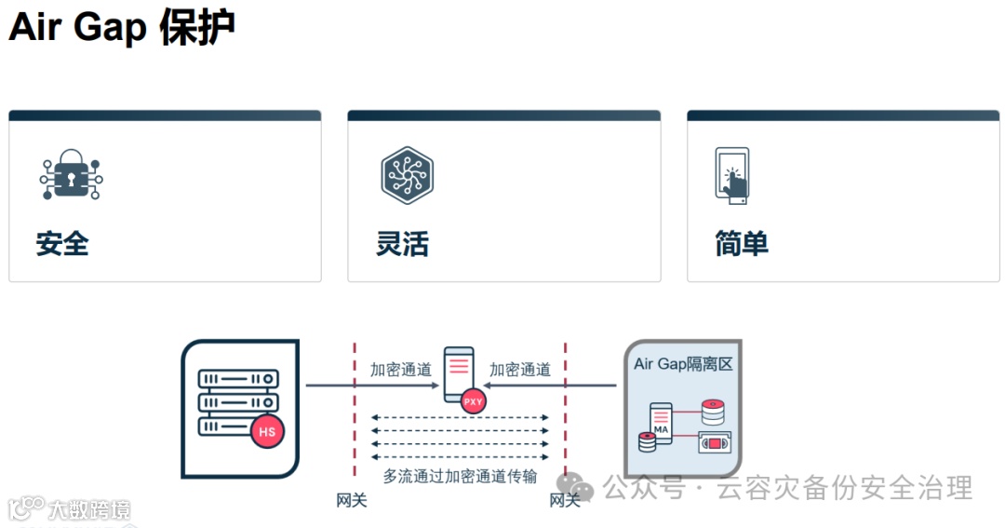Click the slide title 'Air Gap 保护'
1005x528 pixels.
click(121, 28)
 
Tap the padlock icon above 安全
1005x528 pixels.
click(71, 174)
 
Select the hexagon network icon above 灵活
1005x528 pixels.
click(408, 174)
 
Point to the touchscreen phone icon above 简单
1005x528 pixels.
click(732, 174)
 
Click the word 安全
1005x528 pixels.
click(62, 244)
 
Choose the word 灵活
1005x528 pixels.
click(402, 244)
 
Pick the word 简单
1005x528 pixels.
click(742, 244)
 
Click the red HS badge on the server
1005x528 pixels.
click(267, 432)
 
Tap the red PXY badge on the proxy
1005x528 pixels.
click(473, 400)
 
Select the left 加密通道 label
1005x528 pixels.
click(401, 370)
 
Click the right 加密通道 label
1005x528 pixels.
click(520, 370)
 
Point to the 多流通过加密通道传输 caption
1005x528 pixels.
click(460, 477)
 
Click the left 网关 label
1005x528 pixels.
click(352, 501)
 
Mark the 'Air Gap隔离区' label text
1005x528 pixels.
click(683, 364)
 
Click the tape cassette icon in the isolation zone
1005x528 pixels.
click(714, 443)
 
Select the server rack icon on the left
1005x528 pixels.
click(238, 402)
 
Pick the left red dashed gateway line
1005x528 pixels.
click(354, 410)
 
